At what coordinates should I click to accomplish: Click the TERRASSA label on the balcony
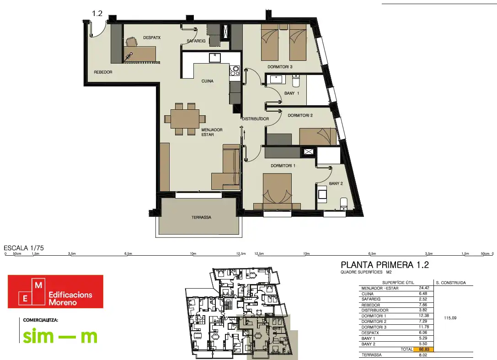(x=201, y=217)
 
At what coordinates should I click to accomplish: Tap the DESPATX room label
(x=152, y=38)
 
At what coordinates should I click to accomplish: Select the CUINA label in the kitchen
(x=207, y=81)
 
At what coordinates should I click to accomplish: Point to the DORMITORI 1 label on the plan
(x=283, y=166)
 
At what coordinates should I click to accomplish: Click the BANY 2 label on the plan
(x=336, y=183)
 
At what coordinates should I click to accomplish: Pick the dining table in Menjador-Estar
(x=185, y=119)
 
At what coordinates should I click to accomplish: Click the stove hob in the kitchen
(x=235, y=70)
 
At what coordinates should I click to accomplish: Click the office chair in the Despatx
(x=131, y=42)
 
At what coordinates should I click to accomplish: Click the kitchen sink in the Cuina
(x=215, y=58)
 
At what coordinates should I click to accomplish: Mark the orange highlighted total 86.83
(x=424, y=349)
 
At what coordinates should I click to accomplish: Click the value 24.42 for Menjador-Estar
(x=424, y=288)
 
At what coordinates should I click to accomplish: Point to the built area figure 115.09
(x=450, y=318)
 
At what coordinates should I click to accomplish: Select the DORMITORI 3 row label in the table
(x=374, y=327)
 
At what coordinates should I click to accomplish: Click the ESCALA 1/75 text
(x=24, y=248)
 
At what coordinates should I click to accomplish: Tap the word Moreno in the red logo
(x=63, y=302)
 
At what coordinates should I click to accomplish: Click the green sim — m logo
(x=60, y=336)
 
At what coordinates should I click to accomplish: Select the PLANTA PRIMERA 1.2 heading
(x=385, y=265)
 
